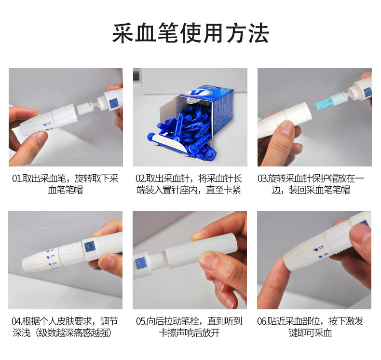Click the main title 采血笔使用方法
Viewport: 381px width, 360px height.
click(190, 34)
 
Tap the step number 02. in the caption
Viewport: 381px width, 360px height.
click(141, 179)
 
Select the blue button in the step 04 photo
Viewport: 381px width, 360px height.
click(89, 247)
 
